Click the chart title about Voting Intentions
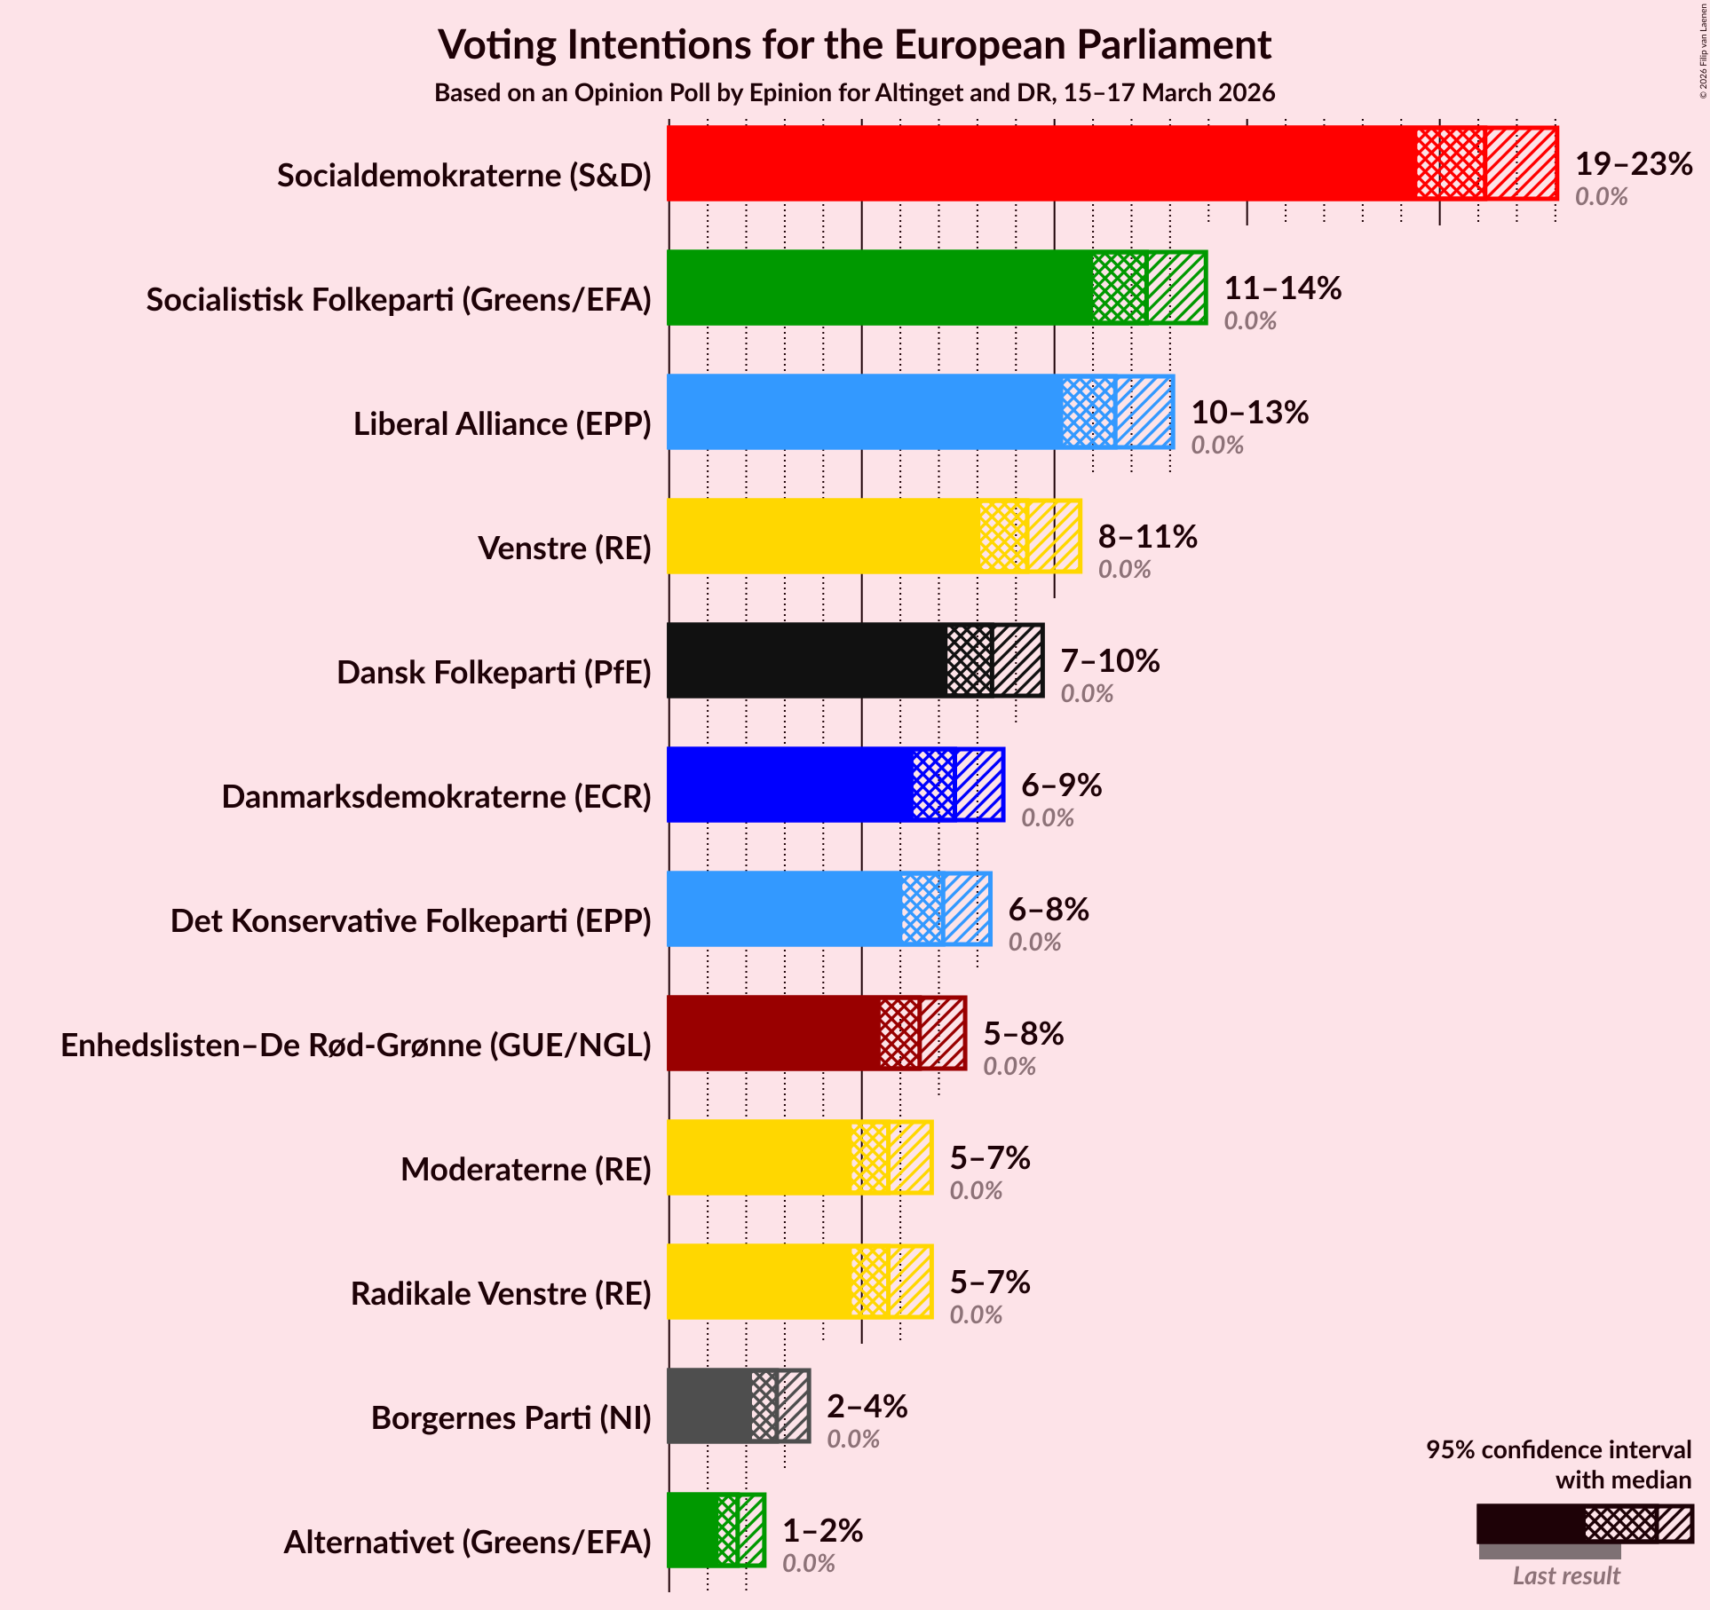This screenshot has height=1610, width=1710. pyautogui.click(x=854, y=44)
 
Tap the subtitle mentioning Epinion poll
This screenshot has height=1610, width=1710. pyautogui.click(x=854, y=93)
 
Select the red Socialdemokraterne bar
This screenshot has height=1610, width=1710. pyautogui.click(x=1039, y=163)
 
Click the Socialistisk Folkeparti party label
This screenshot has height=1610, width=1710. pyautogui.click(x=399, y=300)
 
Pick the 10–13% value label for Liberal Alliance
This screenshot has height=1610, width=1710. pyautogui.click(x=1249, y=413)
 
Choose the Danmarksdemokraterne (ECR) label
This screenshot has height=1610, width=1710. pyautogui.click(x=436, y=797)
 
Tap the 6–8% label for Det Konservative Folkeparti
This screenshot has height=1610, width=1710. pyautogui.click(x=1049, y=910)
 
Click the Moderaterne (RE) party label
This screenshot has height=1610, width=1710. pyautogui.click(x=526, y=1170)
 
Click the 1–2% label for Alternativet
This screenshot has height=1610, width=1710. pyautogui.click(x=822, y=1531)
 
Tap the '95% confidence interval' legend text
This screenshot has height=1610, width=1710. pyautogui.click(x=1558, y=1450)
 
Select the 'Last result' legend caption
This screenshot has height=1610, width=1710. pyautogui.click(x=1566, y=1576)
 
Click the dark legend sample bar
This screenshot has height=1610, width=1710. pyautogui.click(x=1584, y=1524)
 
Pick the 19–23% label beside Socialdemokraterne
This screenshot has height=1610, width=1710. pyautogui.click(x=1634, y=164)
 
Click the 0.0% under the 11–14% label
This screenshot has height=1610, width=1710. pyautogui.click(x=1250, y=321)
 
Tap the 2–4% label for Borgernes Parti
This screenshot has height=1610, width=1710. pyautogui.click(x=867, y=1407)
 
